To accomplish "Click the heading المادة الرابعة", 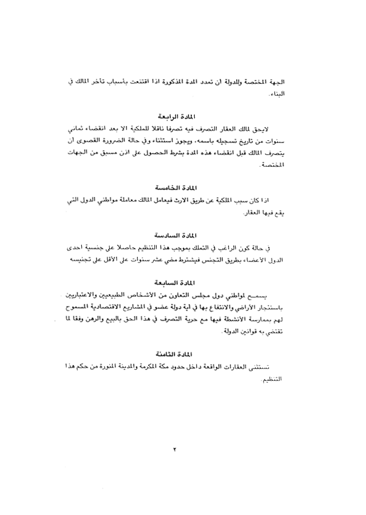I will pyautogui.click(x=175, y=115).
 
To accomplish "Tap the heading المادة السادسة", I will pyautogui.click(x=175, y=235).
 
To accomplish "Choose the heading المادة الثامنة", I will pyautogui.click(x=175, y=353).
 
